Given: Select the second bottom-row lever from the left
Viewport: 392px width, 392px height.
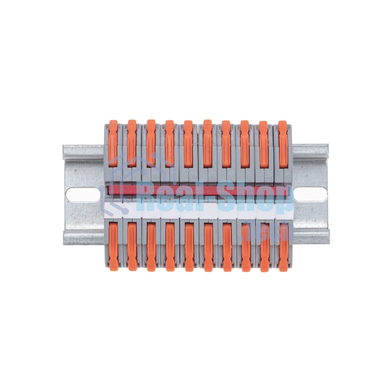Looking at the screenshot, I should click(x=132, y=245).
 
